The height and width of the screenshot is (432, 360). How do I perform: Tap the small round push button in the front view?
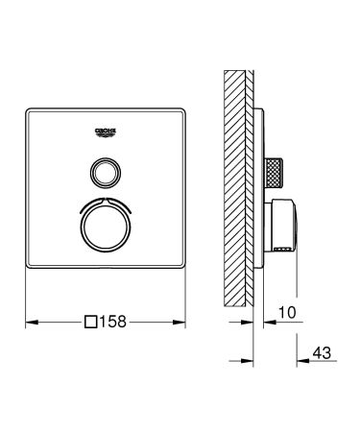click(x=107, y=173)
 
